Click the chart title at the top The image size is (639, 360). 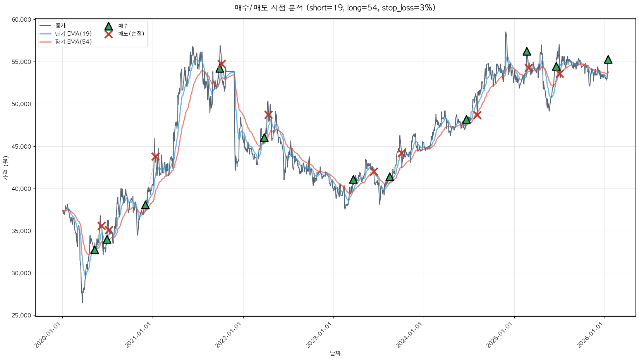[335, 8]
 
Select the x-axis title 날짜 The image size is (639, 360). [335, 353]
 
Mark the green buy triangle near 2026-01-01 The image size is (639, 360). [608, 59]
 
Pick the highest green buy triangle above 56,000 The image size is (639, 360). [527, 51]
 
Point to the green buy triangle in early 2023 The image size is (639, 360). [353, 180]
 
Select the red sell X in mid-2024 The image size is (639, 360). [477, 115]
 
